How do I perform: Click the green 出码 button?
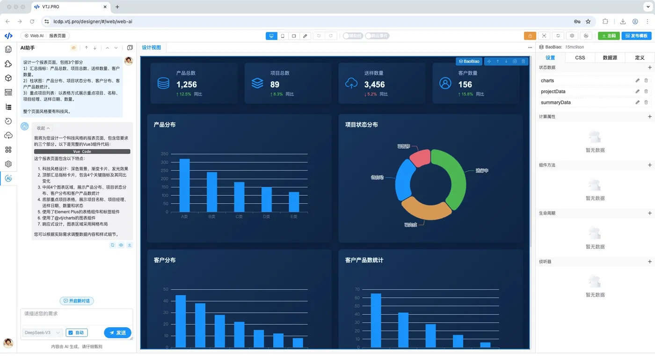click(609, 36)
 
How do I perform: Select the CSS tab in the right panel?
click(580, 58)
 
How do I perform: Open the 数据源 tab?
click(610, 58)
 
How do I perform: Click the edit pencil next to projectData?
click(637, 91)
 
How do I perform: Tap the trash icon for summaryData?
click(646, 102)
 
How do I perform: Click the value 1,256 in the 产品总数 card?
click(186, 85)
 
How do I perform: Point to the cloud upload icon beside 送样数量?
click(351, 83)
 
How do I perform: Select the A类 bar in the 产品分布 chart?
click(185, 185)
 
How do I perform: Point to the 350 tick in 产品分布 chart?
click(164, 154)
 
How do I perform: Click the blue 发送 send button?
click(117, 333)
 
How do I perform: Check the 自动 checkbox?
click(71, 333)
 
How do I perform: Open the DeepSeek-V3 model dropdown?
click(42, 333)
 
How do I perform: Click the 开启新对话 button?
click(77, 301)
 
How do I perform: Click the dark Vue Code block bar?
click(82, 152)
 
